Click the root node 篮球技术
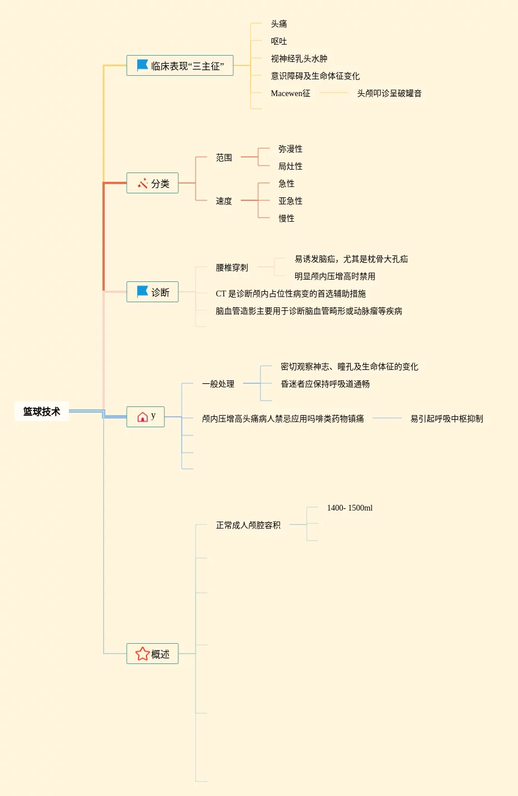coord(42,412)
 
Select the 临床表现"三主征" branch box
coord(179,65)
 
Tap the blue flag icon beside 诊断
coord(142,292)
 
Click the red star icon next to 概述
coord(142,654)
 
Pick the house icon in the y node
coord(142,417)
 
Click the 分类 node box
coord(152,183)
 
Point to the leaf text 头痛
coord(279,24)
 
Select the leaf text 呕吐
coord(279,41)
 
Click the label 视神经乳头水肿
coord(299,58)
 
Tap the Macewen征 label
coord(291,93)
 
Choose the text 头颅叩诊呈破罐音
coord(390,93)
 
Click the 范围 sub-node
coord(224,157)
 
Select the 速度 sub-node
coord(224,201)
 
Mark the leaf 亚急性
coord(291,201)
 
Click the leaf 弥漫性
coord(291,149)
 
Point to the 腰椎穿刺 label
coord(232,267)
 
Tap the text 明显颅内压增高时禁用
coord(335,276)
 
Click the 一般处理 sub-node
coord(218,384)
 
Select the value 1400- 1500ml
coord(350,508)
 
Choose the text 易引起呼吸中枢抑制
coord(447,419)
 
